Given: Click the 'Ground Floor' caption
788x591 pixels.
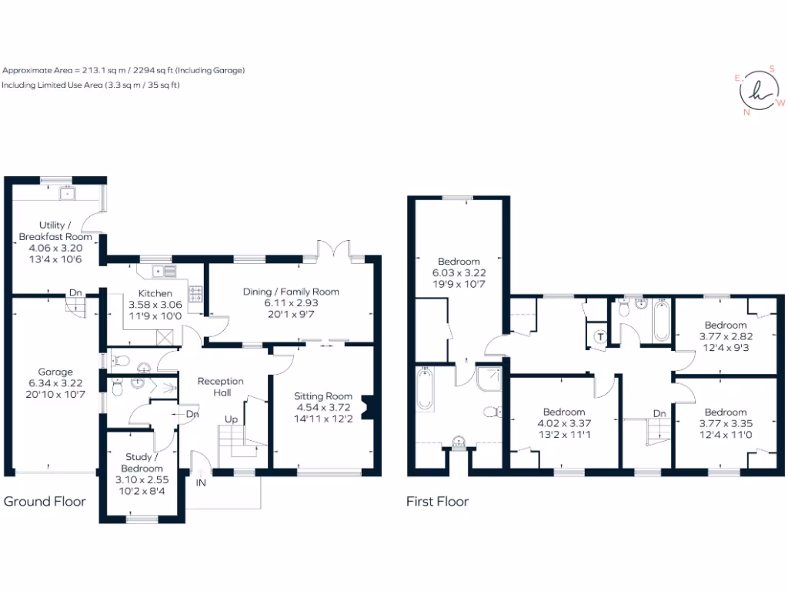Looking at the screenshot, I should tap(45, 502).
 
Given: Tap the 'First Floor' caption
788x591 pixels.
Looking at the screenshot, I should tap(437, 502).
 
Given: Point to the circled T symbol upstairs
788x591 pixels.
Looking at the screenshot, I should tap(600, 336).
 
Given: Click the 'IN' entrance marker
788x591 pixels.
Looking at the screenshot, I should tap(201, 482).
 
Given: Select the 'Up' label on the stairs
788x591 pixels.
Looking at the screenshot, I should tap(230, 419).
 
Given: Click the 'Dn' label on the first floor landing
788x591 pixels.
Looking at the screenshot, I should tap(659, 413).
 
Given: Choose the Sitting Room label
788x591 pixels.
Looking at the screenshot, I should tap(322, 396).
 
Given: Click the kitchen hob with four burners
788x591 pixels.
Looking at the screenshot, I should tap(195, 293).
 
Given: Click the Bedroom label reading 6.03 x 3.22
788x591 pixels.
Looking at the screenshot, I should tap(459, 262).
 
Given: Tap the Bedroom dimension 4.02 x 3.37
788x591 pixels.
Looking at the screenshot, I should tap(563, 422).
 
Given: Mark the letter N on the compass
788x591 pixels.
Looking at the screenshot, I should tap(746, 112).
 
